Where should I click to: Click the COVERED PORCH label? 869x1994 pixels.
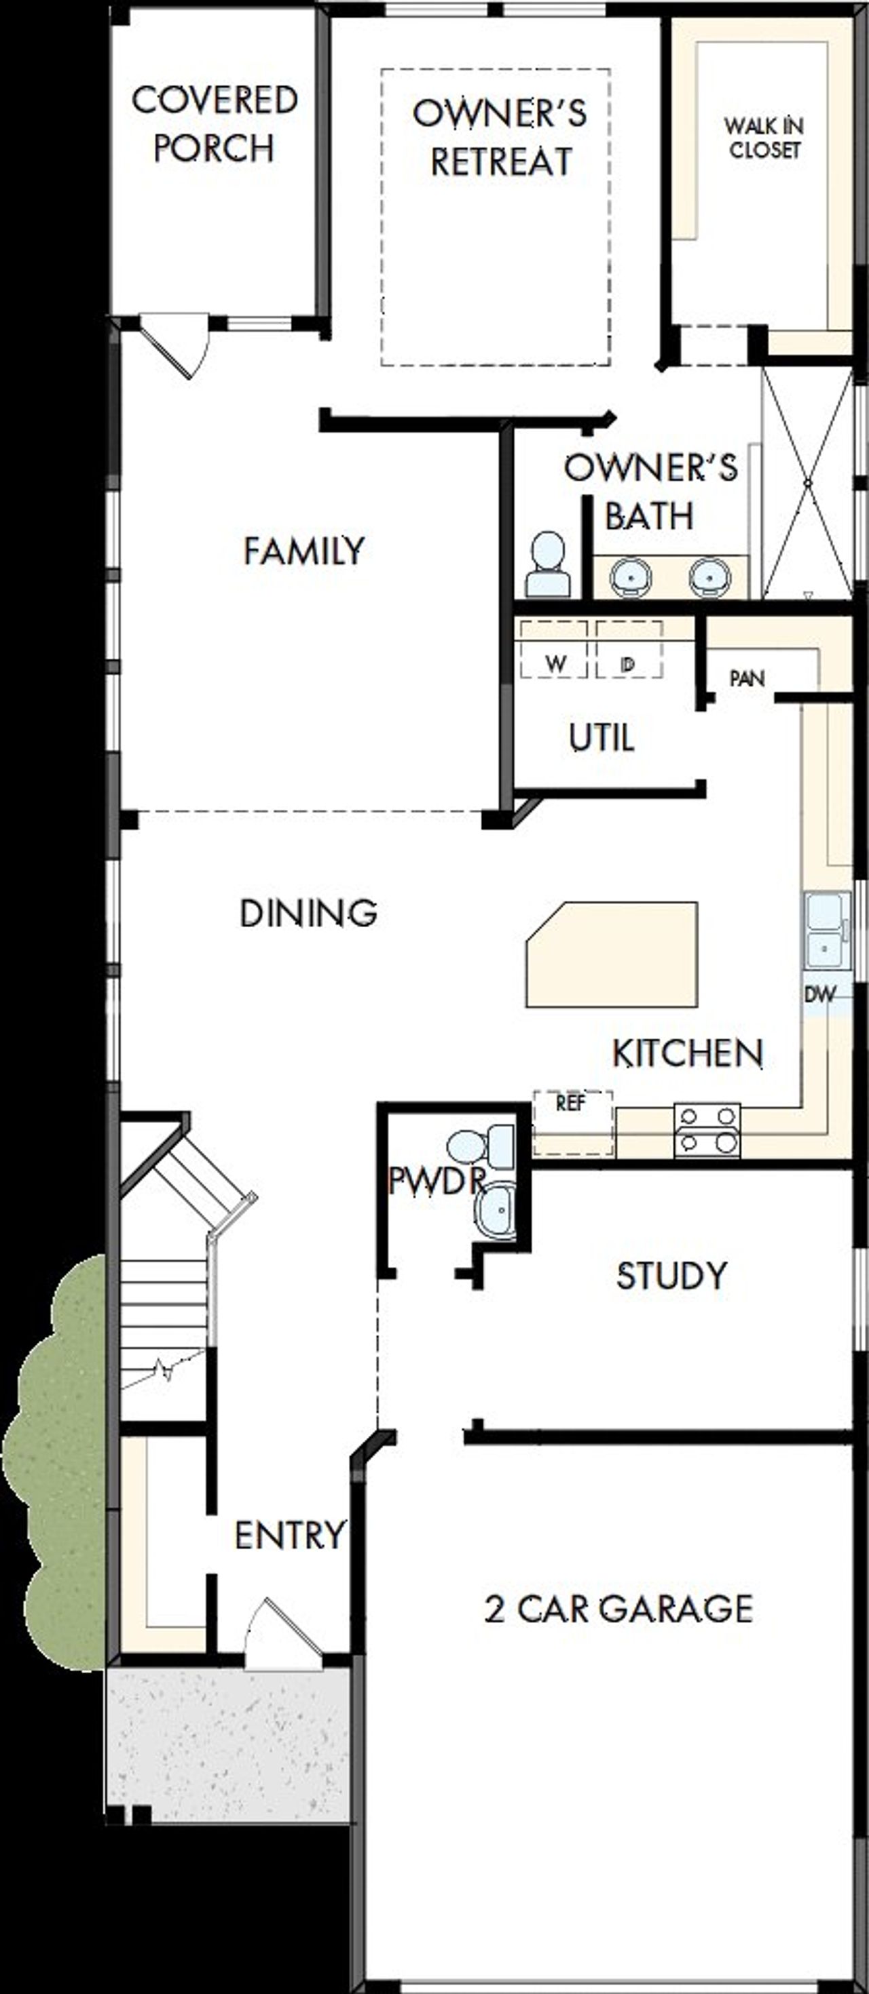215,124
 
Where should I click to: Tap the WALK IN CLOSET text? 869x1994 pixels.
764,138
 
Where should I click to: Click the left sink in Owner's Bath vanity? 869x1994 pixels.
632,576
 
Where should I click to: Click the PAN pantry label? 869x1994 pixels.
747,679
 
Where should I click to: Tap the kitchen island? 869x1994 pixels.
612,954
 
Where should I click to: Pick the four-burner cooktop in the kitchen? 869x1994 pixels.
706,1129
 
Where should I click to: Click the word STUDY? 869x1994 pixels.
671,1275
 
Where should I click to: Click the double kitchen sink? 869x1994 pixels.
826,931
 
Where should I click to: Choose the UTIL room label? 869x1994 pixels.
602,738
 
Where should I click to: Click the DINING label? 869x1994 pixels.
308,914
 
